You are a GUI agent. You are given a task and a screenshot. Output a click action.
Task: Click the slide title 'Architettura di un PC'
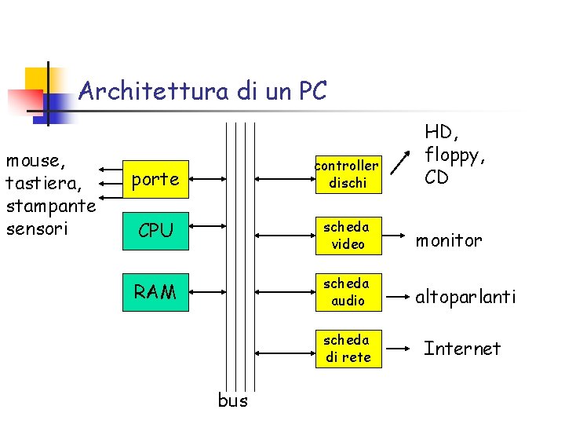tap(202, 91)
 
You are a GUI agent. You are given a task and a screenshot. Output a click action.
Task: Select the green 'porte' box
tap(155, 180)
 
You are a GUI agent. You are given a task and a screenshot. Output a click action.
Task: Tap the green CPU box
tap(155, 231)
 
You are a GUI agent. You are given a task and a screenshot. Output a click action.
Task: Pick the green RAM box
tap(155, 292)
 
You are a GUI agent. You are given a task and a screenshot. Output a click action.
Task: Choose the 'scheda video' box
tap(347, 235)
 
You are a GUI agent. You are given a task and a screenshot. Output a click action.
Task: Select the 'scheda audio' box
tap(347, 291)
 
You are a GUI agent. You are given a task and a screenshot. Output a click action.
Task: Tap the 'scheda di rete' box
tap(347, 349)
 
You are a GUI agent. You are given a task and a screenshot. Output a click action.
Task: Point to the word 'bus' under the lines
tap(232, 400)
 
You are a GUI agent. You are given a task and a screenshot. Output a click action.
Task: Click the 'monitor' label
tap(449, 241)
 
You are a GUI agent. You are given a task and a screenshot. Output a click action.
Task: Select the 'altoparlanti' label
tap(465, 297)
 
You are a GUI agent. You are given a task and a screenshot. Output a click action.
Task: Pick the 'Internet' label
tap(462, 348)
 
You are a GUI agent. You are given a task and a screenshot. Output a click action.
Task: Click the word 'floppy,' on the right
tap(455, 155)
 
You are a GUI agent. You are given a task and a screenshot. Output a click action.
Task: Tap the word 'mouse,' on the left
tap(35, 161)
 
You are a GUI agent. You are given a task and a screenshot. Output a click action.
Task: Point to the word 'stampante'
tap(50, 207)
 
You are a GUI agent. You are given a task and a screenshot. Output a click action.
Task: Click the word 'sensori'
tap(36, 229)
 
